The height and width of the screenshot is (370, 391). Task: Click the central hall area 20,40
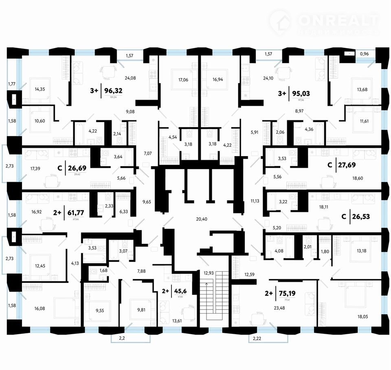coord(202,219)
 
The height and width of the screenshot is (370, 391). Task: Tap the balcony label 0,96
coord(365,53)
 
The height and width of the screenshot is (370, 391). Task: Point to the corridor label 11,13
coord(255,201)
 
